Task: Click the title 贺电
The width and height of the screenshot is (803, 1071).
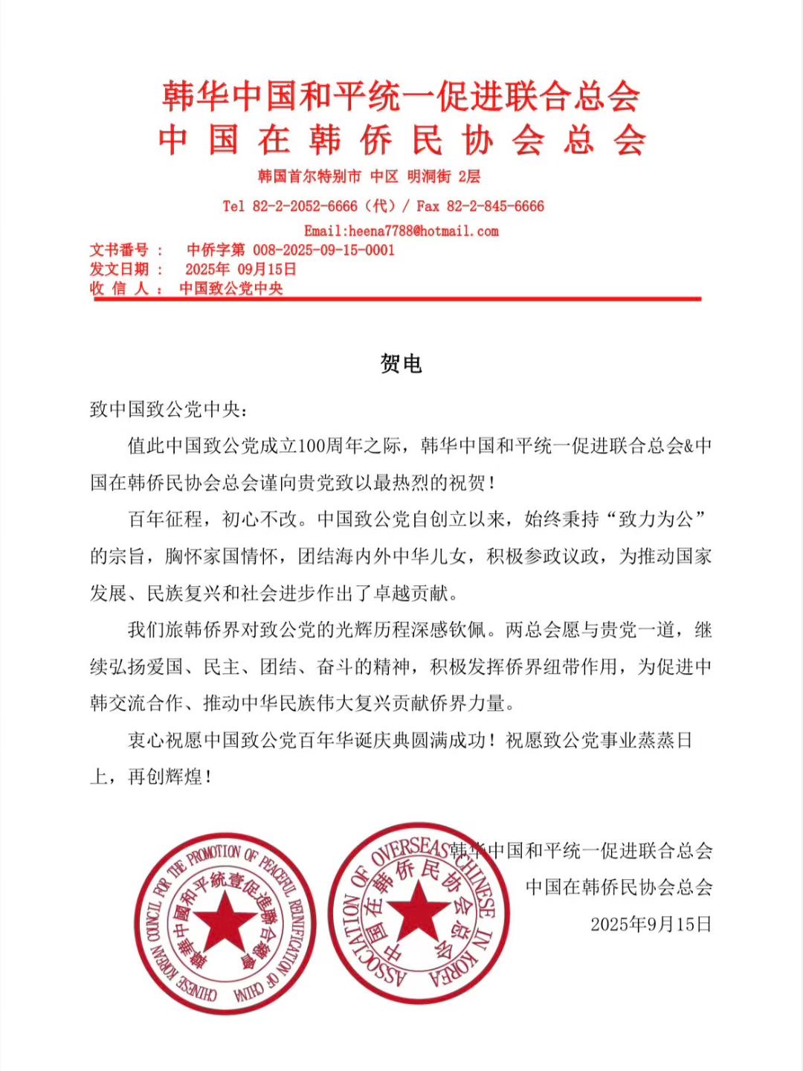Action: [401, 364]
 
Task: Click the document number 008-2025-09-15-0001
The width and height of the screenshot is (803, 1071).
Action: [323, 250]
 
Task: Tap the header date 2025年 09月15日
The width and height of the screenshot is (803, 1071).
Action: [240, 269]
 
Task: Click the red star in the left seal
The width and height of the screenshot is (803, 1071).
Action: [225, 920]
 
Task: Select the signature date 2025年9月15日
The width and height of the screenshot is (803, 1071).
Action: [651, 924]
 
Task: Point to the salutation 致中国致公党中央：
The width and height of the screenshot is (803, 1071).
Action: [167, 409]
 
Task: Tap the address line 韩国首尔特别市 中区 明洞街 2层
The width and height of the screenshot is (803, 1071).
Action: [369, 177]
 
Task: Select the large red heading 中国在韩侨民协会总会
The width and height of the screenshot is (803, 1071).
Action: [401, 140]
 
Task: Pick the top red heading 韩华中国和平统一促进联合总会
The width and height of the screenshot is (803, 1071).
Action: [401, 97]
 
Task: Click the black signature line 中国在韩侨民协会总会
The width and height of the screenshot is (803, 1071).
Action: [619, 887]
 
